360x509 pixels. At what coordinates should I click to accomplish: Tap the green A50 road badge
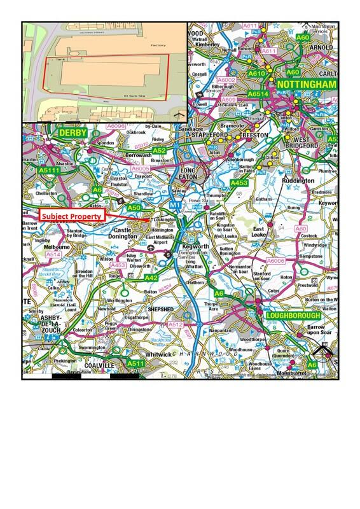(x=134, y=207)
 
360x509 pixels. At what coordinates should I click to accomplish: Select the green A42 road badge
(x=151, y=277)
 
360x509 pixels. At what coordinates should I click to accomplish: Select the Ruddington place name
(x=297, y=180)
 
